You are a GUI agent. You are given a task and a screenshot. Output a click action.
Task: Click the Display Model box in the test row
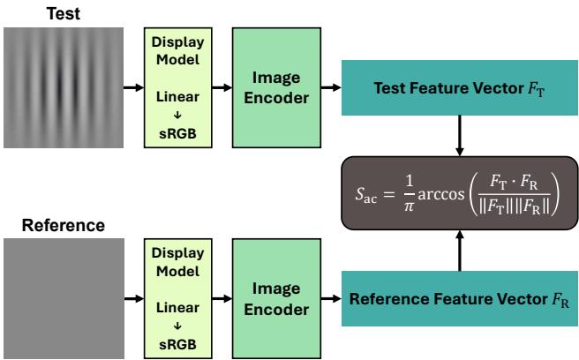coord(177,88)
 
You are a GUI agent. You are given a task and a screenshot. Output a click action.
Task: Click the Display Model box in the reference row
coord(177,299)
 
